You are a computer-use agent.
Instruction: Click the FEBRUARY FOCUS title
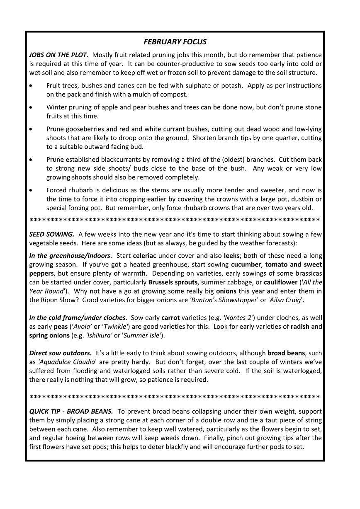(x=175, y=41)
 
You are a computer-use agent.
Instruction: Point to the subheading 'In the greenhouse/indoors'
(x=70, y=255)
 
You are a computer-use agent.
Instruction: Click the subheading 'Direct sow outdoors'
(x=61, y=353)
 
